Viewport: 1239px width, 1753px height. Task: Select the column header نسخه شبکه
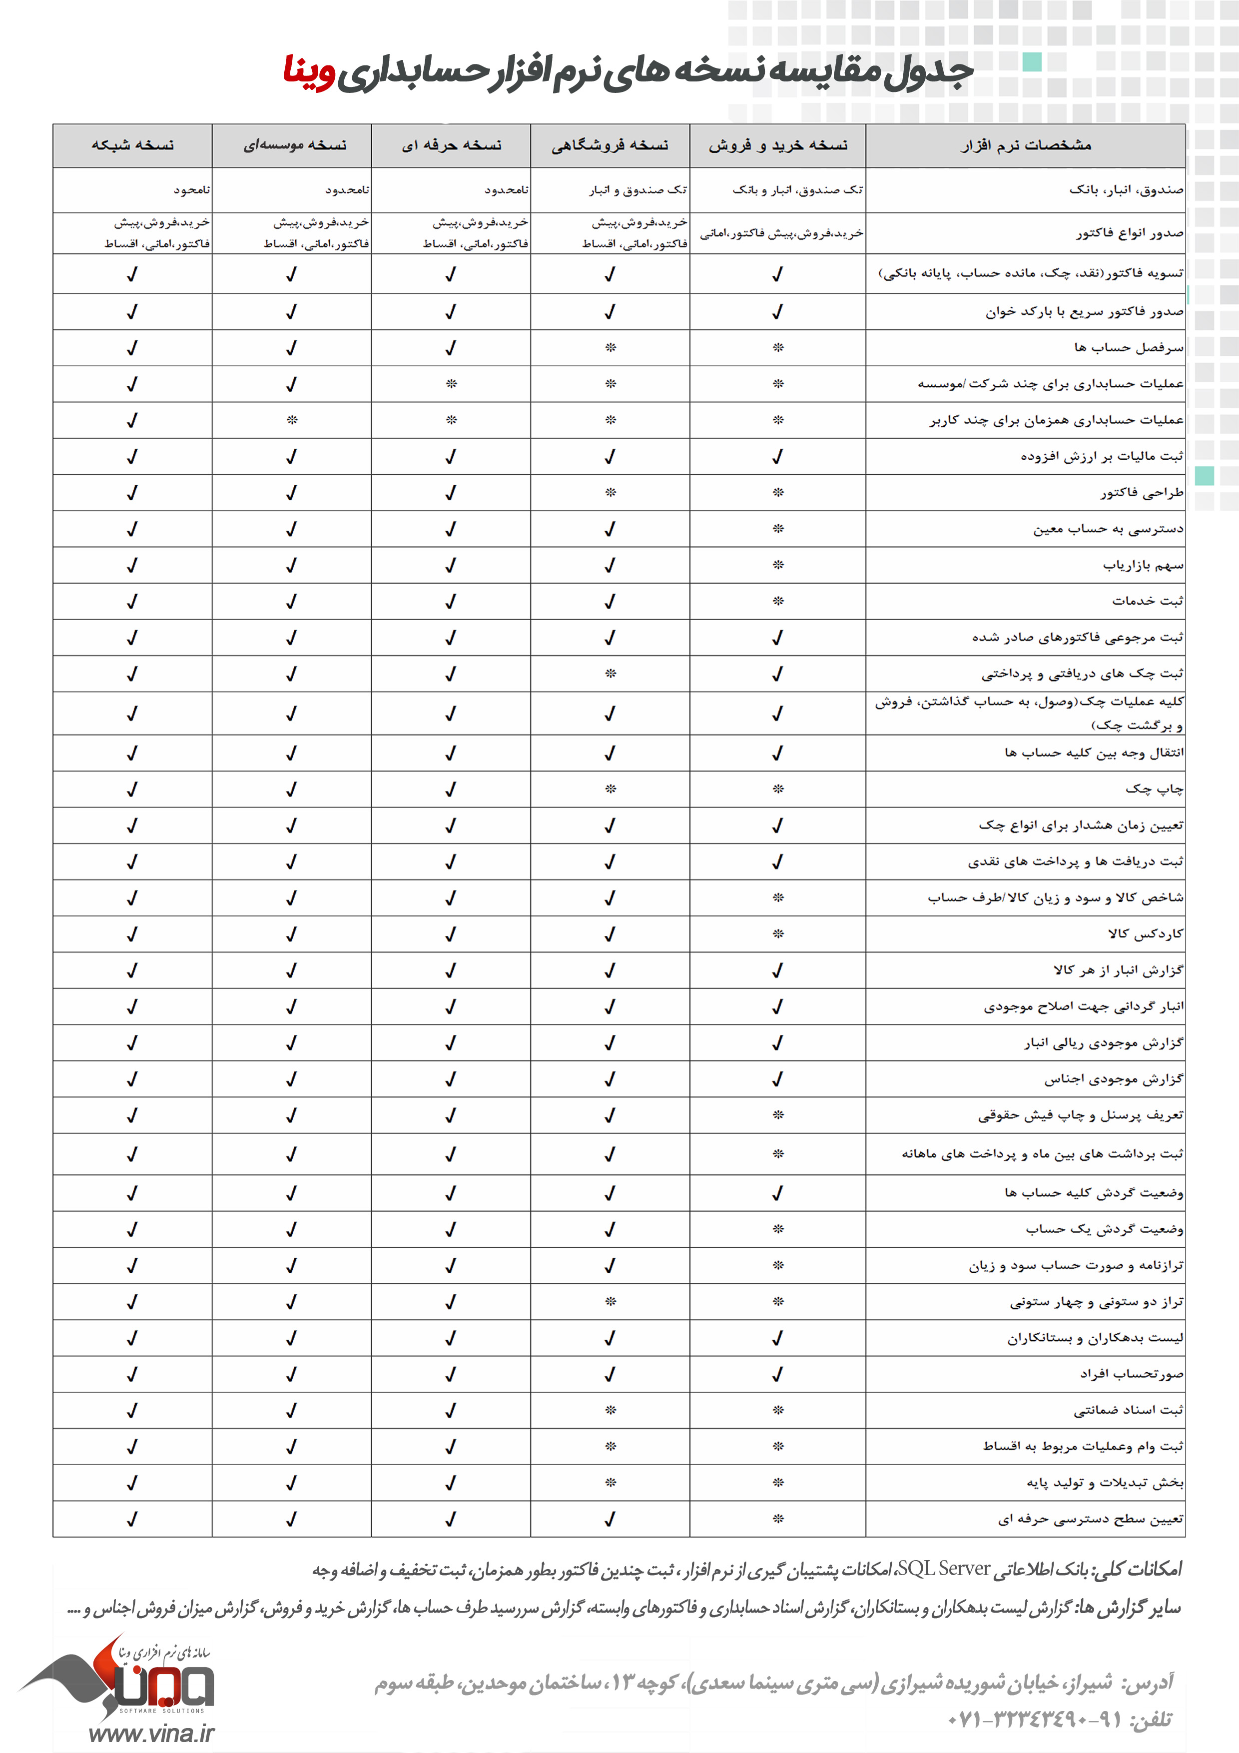click(133, 145)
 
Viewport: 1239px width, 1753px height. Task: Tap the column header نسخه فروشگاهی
click(610, 145)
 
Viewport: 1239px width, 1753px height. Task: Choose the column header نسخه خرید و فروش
click(778, 145)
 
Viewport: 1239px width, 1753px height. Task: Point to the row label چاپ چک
click(1154, 789)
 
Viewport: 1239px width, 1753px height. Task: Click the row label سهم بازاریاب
click(1143, 565)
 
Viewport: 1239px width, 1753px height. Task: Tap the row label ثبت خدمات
click(1148, 601)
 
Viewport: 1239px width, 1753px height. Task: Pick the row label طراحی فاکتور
click(1142, 492)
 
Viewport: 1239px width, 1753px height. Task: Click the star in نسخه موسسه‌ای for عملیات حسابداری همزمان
click(292, 420)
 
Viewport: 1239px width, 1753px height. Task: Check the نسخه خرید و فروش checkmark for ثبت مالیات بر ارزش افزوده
click(777, 457)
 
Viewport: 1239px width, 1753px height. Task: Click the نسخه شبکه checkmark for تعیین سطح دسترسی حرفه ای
click(132, 1519)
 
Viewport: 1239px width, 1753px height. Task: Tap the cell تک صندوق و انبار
click(637, 190)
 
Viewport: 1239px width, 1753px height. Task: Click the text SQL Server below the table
click(944, 1569)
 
